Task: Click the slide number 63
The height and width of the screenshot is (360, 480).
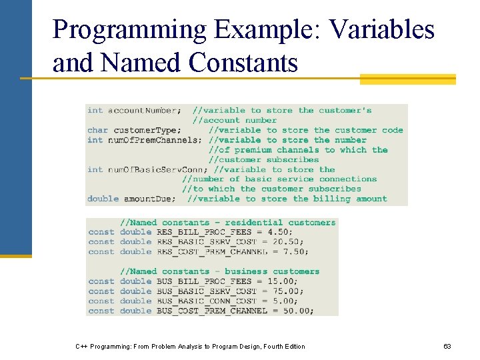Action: coord(447,347)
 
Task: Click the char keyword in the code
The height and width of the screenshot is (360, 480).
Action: coord(97,130)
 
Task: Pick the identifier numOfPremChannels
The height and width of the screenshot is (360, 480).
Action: coord(154,140)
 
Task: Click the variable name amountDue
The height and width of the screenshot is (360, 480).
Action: coord(150,199)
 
